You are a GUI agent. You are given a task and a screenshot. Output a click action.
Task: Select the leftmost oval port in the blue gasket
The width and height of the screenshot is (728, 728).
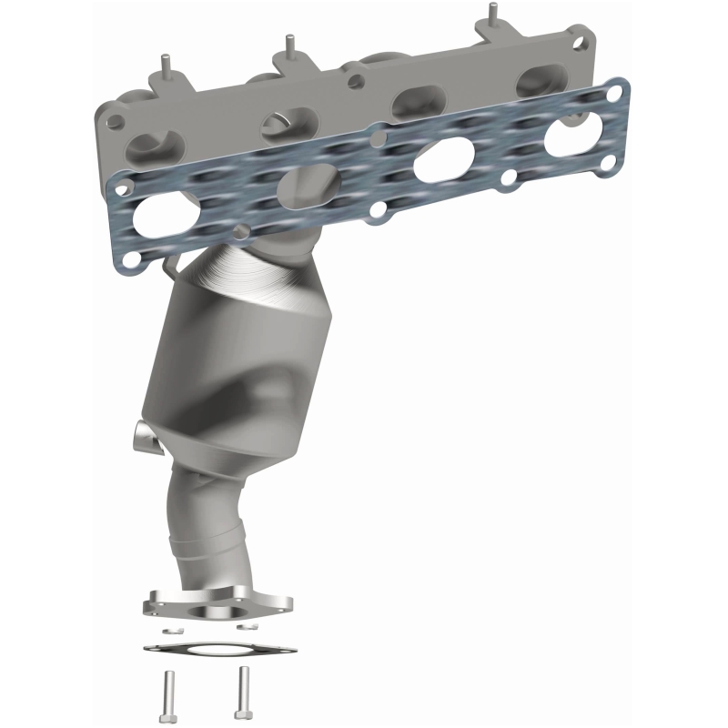[161, 220]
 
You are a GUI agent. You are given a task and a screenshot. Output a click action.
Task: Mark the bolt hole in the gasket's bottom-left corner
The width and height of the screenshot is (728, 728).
[131, 261]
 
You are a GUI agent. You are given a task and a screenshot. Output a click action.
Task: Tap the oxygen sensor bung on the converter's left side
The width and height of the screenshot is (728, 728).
[144, 434]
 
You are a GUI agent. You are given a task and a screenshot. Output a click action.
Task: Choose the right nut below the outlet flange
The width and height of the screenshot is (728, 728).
[244, 627]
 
